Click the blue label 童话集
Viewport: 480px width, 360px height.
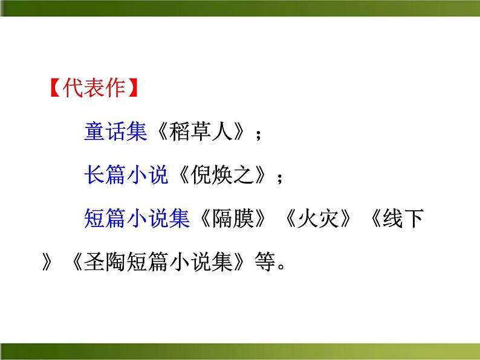click(x=115, y=132)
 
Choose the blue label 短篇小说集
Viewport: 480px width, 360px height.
click(x=138, y=219)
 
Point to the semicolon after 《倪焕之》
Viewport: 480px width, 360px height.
click(x=279, y=178)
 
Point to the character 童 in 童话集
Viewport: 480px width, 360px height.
click(x=95, y=132)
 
